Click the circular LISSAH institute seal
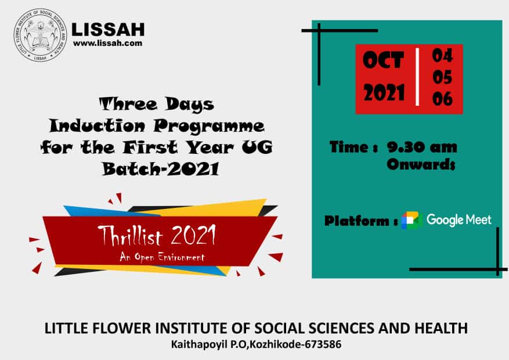(40, 35)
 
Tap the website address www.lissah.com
(108, 43)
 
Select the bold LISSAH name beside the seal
(108, 30)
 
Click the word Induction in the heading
(97, 125)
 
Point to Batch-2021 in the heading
(160, 169)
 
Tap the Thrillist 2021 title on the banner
(157, 235)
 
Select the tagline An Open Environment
(162, 257)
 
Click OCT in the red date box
(383, 60)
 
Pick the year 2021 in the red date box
(384, 92)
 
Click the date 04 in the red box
(442, 56)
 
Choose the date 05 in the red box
(442, 77)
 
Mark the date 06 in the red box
(442, 99)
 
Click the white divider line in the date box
(417, 77)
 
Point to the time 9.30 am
(422, 147)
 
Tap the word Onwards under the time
(421, 164)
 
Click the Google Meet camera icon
(411, 220)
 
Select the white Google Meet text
(459, 219)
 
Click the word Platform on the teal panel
(356, 221)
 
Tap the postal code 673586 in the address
(323, 344)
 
